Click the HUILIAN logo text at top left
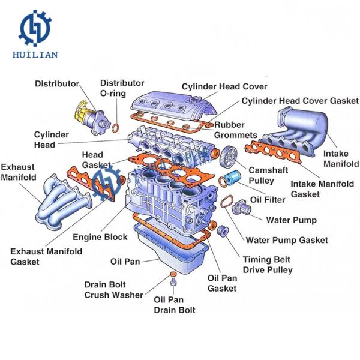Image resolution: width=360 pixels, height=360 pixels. (35, 55)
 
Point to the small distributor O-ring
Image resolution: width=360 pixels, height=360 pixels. (115, 127)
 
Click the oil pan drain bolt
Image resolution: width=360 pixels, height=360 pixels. (173, 280)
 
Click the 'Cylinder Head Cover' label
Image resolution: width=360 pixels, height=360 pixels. (224, 87)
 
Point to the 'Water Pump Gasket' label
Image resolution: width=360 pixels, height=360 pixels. (287, 240)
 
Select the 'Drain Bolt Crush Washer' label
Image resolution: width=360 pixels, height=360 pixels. (114, 289)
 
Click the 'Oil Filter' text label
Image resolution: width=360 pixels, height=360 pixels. (268, 199)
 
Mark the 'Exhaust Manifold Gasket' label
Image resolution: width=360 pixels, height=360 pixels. (46, 257)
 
